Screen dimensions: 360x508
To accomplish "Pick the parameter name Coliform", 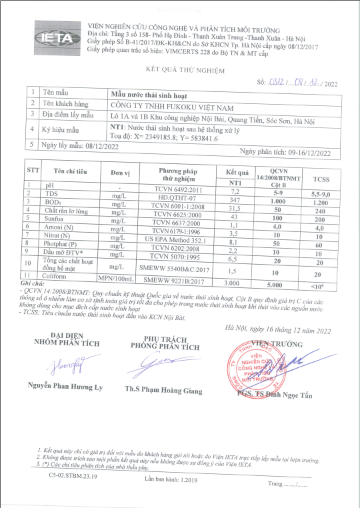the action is coord(57,275).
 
